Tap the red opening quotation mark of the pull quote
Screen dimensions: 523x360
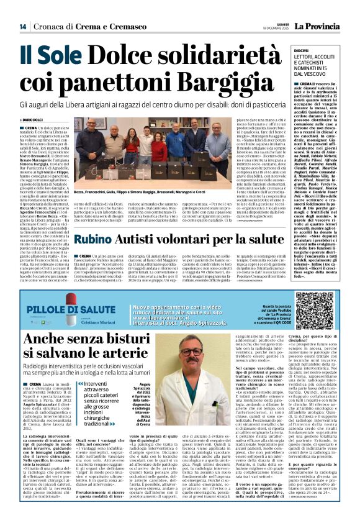[80, 402]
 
